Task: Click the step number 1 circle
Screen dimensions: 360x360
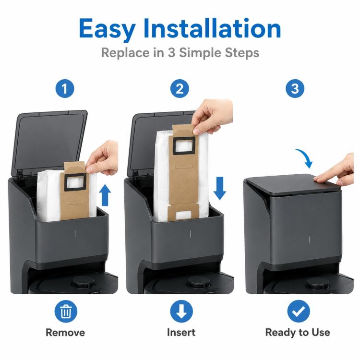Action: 65,88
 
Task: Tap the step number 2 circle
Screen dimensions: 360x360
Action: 180,88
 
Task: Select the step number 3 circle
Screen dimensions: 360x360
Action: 295,88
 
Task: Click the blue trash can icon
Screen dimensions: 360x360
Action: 66,311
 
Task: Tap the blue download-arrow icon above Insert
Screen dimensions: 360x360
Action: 181,311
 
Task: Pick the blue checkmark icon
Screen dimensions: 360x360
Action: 299,311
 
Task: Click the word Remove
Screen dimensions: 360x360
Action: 65,333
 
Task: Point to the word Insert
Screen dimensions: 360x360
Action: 181,332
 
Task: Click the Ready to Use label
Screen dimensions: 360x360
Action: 298,332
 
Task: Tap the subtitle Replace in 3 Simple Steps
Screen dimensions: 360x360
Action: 180,53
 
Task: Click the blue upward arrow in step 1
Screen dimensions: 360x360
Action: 106,195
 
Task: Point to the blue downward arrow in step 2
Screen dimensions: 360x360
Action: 220,188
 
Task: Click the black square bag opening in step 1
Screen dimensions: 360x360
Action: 75,182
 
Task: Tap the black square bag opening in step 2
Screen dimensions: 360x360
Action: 184,146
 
